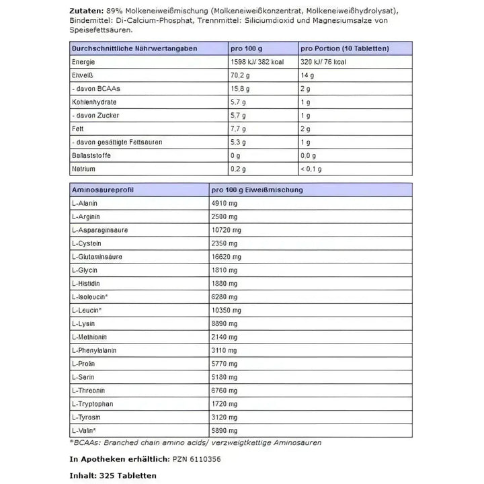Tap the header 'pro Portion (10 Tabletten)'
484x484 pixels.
pyautogui.click(x=344, y=49)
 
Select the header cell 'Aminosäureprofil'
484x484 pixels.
pyautogui.click(x=100, y=190)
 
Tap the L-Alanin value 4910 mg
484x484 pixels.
pyautogui.click(x=226, y=204)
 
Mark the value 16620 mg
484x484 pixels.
pyautogui.click(x=228, y=256)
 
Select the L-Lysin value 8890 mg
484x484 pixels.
pyautogui.click(x=226, y=323)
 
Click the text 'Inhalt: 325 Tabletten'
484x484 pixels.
pyautogui.click(x=112, y=475)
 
